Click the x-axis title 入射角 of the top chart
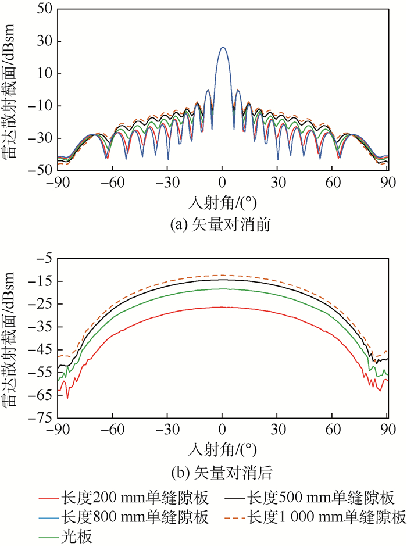(222, 202)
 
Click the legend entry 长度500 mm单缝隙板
(320, 498)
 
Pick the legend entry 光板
(73, 534)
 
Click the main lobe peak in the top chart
(222, 47)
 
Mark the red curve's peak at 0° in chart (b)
(222, 307)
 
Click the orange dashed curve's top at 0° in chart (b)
(222, 275)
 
